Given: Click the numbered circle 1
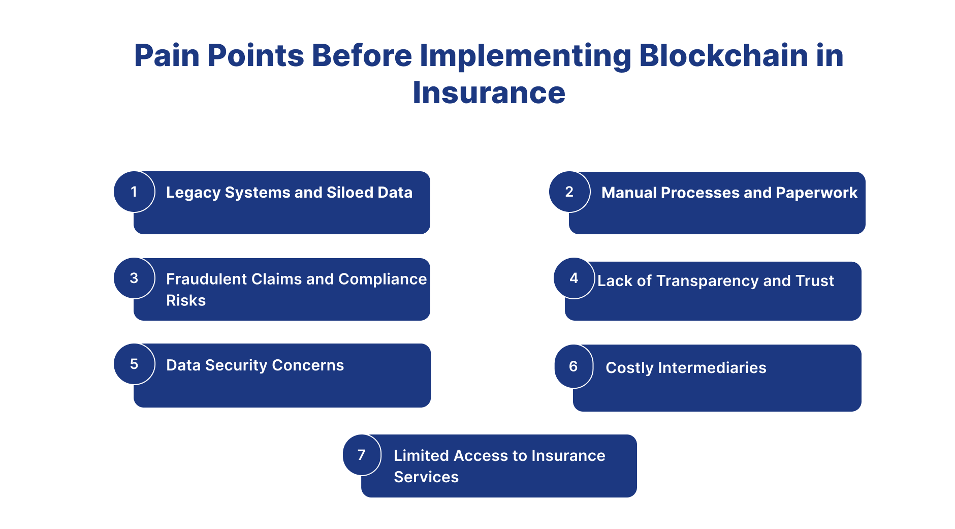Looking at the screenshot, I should [134, 192].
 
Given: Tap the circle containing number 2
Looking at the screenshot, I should [569, 192].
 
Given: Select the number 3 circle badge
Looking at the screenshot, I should [134, 278].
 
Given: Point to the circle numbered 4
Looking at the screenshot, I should [574, 278].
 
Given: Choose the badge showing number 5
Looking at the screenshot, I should [134, 364].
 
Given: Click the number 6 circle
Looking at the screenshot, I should [574, 366].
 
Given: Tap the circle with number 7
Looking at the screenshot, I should [362, 455].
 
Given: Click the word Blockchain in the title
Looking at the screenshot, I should [723, 55].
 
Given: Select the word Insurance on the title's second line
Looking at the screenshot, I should [489, 93].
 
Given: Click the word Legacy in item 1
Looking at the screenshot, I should [193, 193].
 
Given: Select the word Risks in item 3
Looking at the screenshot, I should [186, 300].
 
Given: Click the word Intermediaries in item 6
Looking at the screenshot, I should [712, 367].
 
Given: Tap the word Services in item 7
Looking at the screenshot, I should [426, 477].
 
